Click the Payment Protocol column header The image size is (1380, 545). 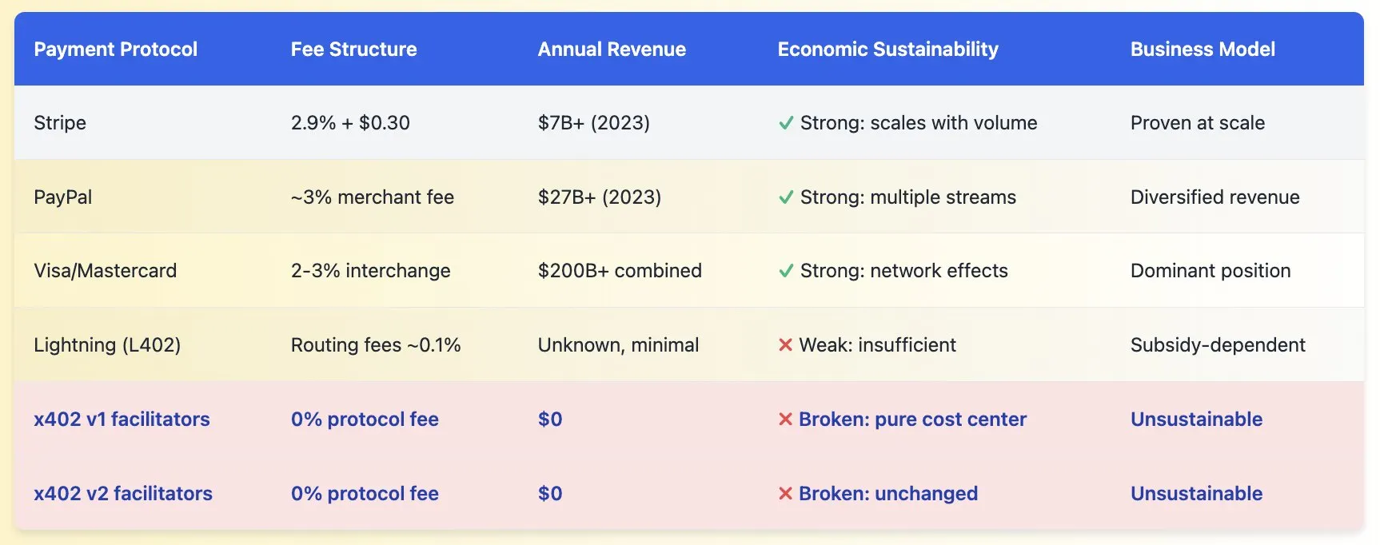pos(115,50)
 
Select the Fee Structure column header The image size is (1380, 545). pos(353,50)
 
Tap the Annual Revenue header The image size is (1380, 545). pos(612,50)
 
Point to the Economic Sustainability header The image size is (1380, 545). pos(887,50)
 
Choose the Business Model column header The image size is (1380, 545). pos(1203,50)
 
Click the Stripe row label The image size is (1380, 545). pos(60,123)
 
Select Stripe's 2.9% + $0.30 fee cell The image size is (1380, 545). pos(350,123)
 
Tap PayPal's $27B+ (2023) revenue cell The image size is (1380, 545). pos(600,197)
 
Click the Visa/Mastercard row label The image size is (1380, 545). pos(105,271)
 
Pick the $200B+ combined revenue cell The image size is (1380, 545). pos(620,271)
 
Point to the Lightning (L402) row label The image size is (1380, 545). pos(107,345)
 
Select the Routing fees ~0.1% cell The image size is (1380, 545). pos(376,345)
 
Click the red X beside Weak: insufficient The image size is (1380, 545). pos(785,345)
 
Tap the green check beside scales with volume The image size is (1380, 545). pos(786,123)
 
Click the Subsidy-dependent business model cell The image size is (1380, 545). pos(1218,345)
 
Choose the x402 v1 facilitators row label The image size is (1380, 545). pos(122,420)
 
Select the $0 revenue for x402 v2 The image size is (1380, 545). pos(550,494)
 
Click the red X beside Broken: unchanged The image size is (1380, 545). pos(785,494)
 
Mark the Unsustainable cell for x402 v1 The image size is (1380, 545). pos(1196,420)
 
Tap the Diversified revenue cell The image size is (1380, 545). pos(1215,197)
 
